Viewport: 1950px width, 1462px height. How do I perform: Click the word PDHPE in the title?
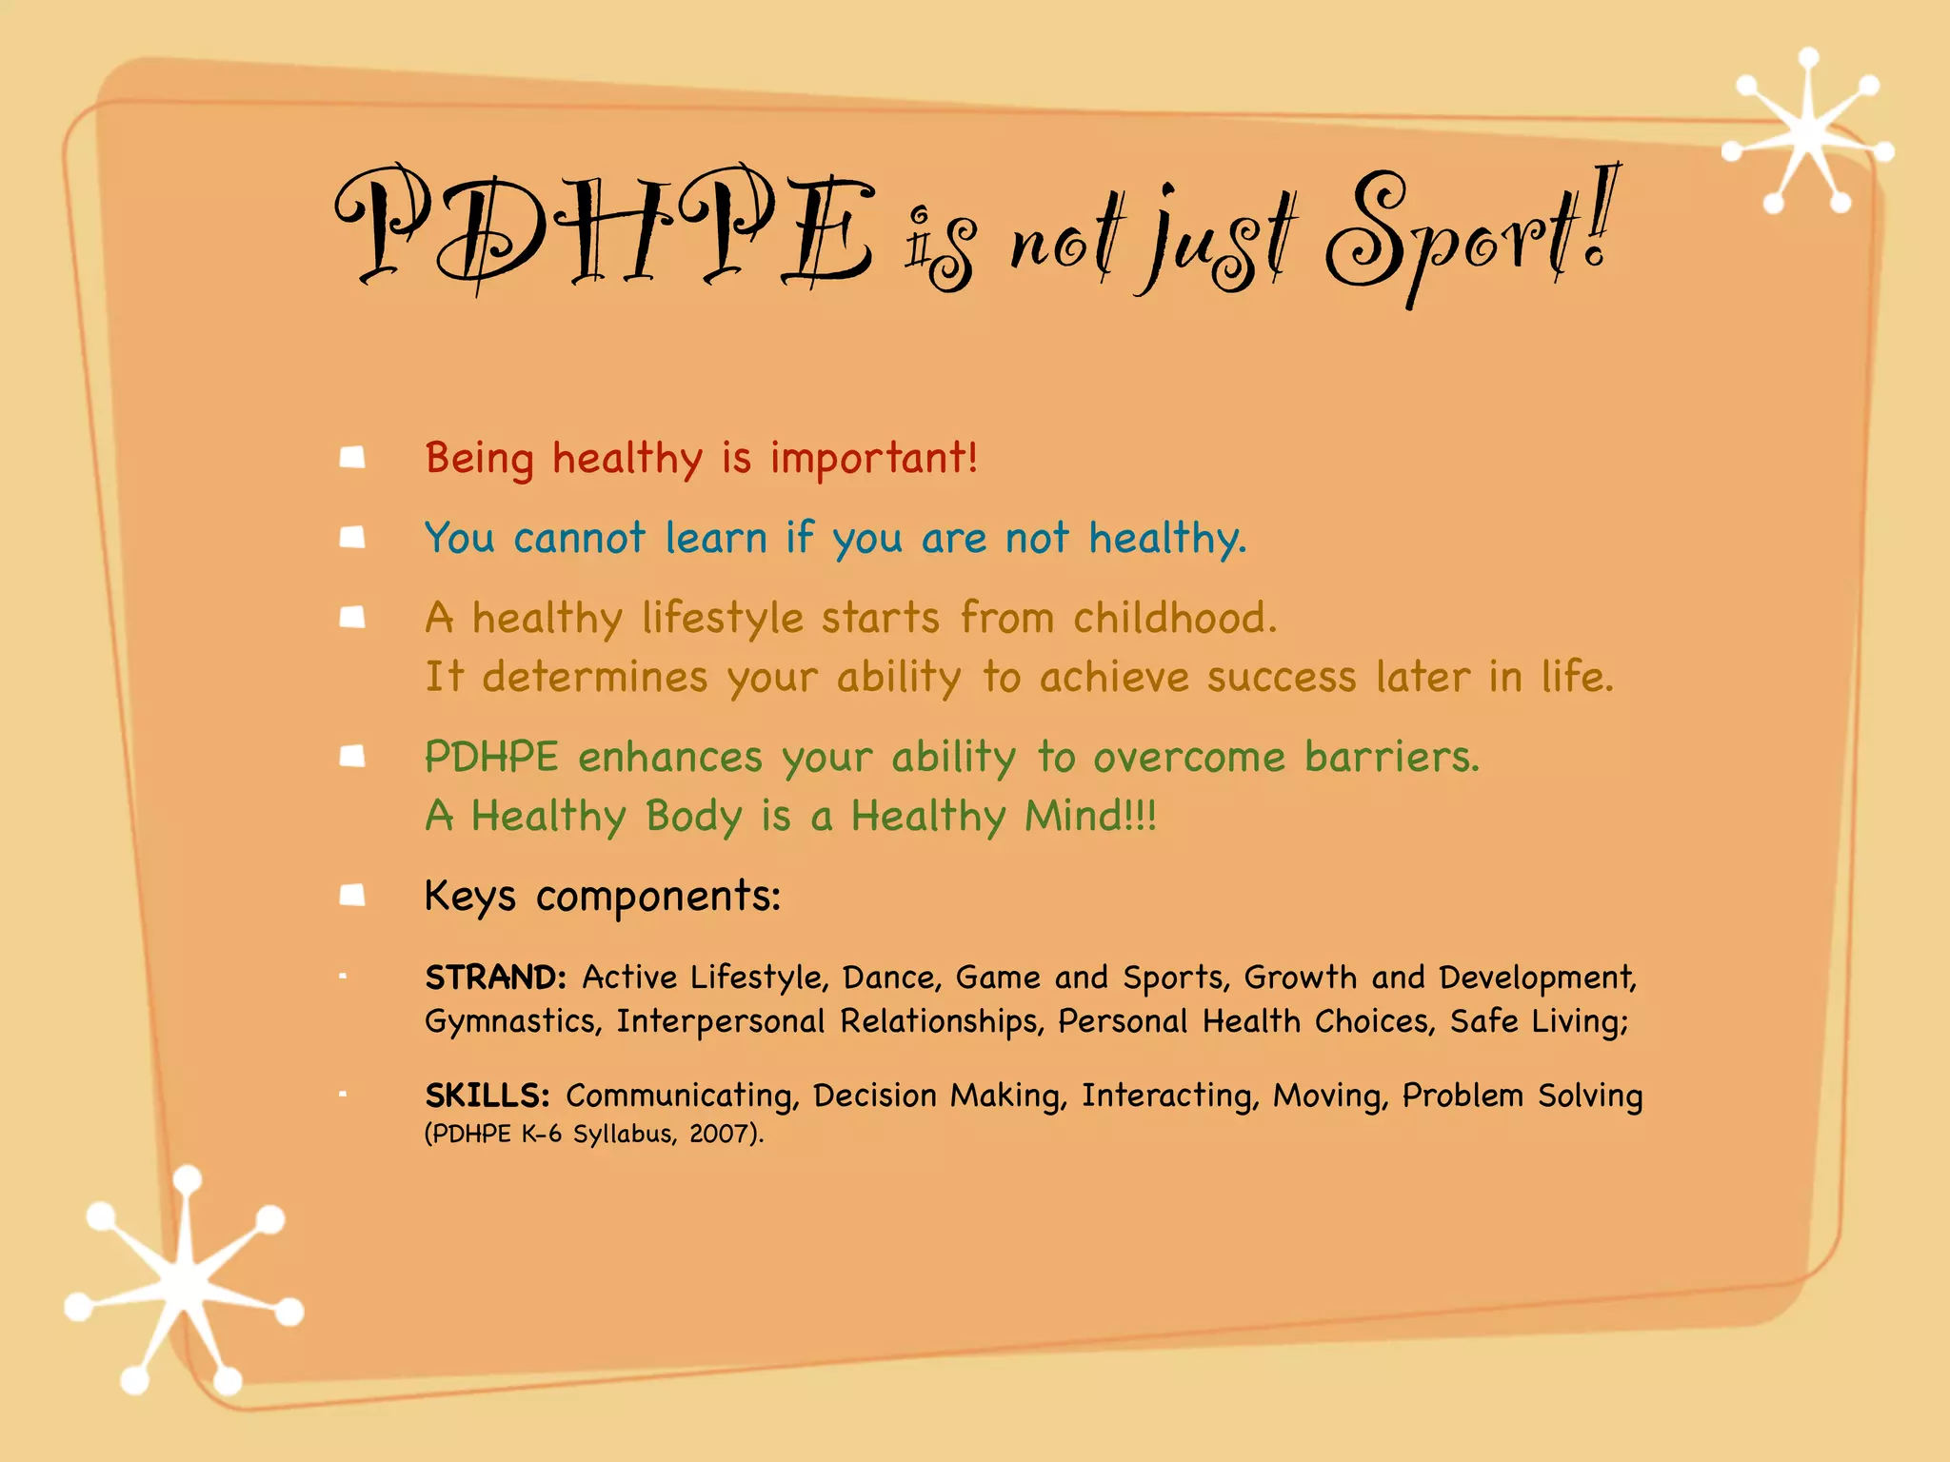click(605, 228)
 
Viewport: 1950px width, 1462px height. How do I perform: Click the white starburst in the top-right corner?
click(1807, 133)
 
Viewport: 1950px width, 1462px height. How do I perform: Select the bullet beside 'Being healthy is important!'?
click(353, 458)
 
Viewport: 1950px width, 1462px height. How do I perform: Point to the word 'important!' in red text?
click(873, 458)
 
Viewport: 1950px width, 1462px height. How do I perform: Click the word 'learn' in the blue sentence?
click(715, 538)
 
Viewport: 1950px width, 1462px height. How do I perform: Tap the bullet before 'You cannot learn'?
click(353, 538)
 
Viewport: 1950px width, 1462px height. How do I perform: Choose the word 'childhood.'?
click(1175, 618)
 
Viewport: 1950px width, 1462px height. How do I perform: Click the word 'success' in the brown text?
click(1281, 677)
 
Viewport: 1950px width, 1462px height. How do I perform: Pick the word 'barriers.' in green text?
click(1392, 757)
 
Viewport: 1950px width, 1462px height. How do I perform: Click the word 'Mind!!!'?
click(1090, 816)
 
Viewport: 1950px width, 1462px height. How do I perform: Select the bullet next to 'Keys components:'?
click(353, 895)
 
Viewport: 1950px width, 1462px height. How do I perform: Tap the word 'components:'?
click(658, 897)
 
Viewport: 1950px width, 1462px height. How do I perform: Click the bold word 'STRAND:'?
click(496, 978)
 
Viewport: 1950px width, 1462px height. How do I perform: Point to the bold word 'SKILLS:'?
click(487, 1096)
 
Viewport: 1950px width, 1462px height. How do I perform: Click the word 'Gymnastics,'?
click(513, 1022)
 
